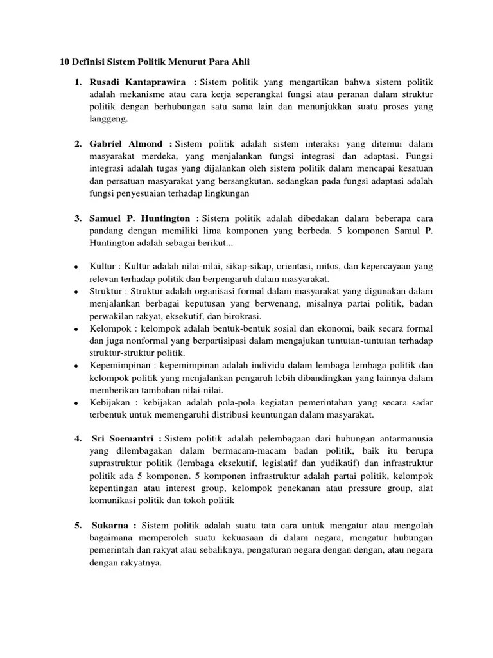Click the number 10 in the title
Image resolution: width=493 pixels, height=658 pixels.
tap(64, 62)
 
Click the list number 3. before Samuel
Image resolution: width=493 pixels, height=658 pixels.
tap(78, 220)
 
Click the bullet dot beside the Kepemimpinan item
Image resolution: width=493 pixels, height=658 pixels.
tap(77, 366)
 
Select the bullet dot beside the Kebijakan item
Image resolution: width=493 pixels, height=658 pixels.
tap(77, 402)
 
